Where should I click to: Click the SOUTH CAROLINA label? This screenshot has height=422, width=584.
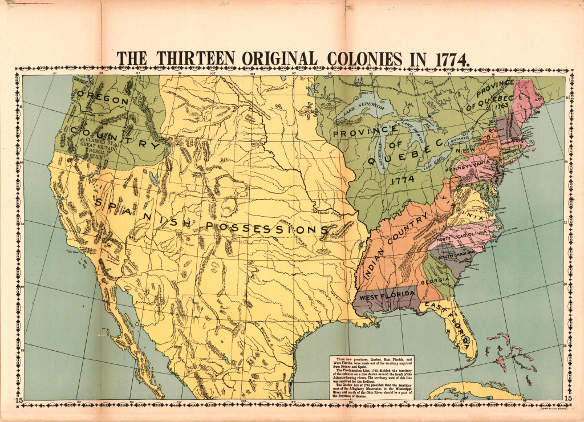tap(456, 253)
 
